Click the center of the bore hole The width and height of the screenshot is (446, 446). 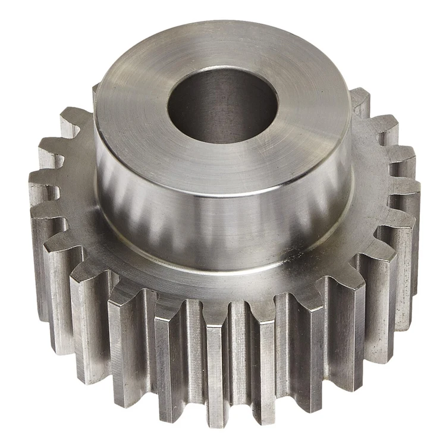point(222,106)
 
